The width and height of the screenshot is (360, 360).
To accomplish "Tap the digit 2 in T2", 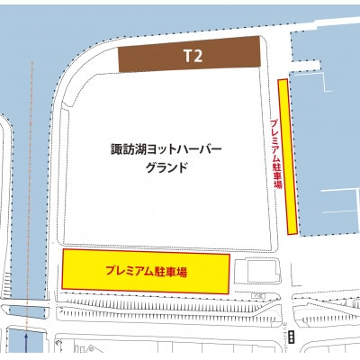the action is coord(197,56).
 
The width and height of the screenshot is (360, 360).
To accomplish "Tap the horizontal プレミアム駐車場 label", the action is coord(145,270).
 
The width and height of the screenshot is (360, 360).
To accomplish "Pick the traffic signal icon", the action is coord(291,337).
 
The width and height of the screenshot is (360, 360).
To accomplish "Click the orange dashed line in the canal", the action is coord(32,180).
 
